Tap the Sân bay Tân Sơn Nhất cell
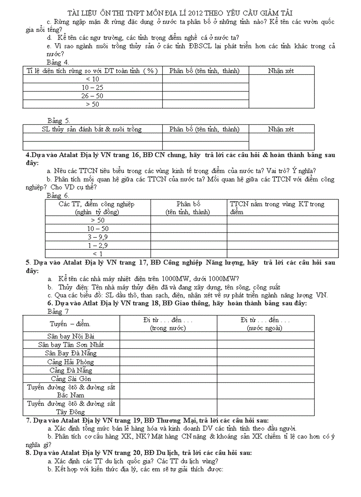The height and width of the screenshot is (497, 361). click(71, 345)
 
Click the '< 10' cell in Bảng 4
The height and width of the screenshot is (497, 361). click(92, 79)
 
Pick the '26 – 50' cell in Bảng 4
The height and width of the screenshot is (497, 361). click(92, 96)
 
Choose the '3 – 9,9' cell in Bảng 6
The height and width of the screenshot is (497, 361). click(98, 237)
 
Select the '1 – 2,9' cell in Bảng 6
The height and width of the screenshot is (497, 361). click(98, 245)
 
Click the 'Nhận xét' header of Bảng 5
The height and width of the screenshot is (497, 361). click(281, 129)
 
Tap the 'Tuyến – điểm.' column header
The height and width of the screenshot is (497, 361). click(71, 324)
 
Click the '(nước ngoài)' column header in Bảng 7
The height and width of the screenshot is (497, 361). click(265, 328)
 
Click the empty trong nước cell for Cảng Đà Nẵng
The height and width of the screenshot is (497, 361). click(168, 370)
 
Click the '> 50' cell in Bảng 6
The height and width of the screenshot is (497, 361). click(98, 220)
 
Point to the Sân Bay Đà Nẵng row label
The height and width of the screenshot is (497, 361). click(71, 353)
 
